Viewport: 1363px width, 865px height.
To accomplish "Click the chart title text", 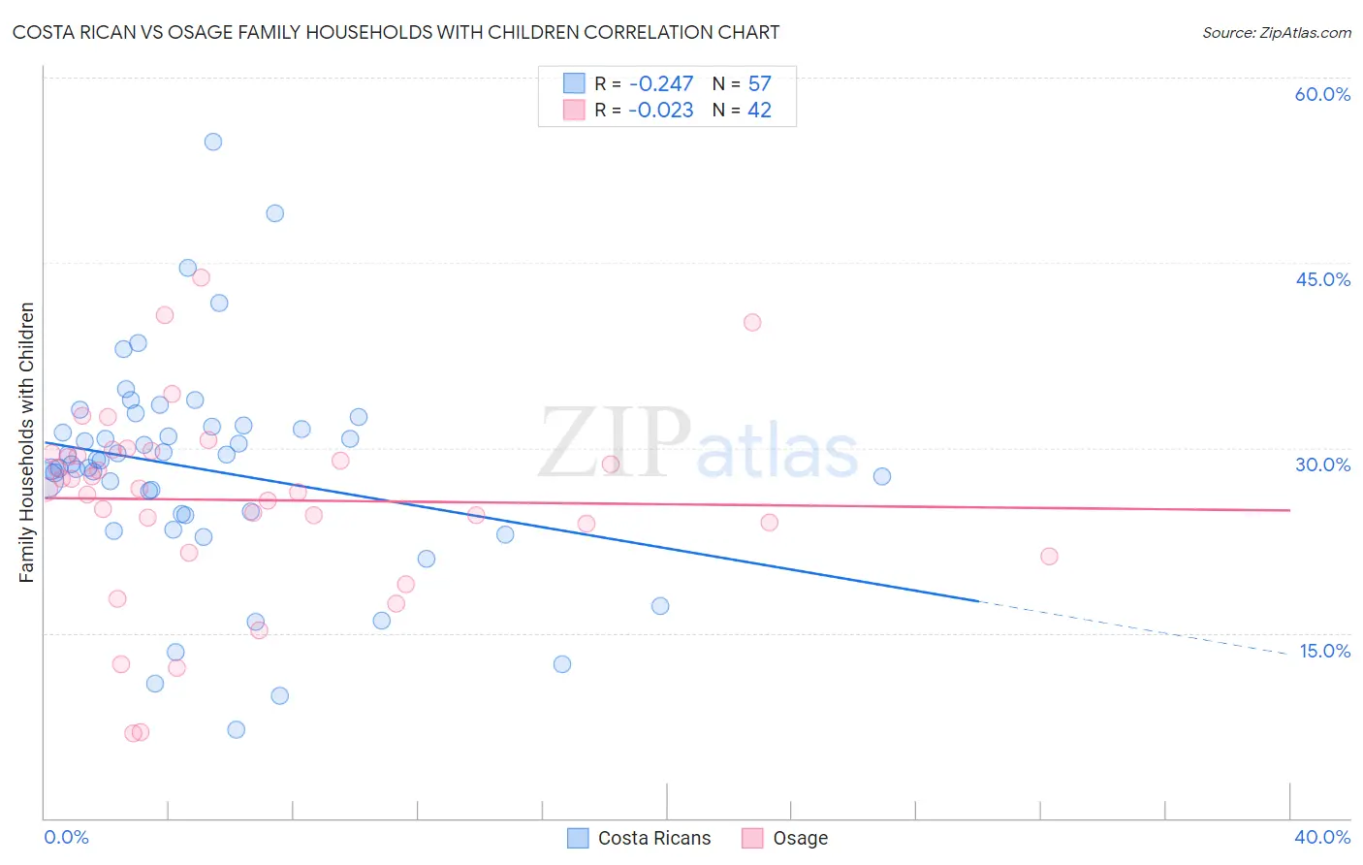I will click(396, 33).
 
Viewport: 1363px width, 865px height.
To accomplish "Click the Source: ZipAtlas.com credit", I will click(1276, 33).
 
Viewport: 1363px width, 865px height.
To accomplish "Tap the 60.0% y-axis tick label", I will click(1322, 94).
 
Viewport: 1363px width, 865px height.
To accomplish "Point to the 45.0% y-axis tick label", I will click(1322, 279).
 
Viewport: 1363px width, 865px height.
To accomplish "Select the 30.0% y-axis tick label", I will click(1322, 465).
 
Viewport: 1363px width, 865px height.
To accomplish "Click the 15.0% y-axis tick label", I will click(1324, 651).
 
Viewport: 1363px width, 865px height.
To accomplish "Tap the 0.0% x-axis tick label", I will click(66, 838).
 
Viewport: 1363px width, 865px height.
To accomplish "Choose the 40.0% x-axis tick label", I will click(1322, 838).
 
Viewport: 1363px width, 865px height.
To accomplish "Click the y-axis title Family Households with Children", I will click(27, 442).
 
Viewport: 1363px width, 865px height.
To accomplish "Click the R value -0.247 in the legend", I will click(660, 84).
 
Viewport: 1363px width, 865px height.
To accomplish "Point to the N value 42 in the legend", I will click(759, 111).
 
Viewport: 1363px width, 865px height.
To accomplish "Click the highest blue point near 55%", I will click(213, 142).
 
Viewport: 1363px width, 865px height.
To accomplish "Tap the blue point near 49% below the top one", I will click(275, 213).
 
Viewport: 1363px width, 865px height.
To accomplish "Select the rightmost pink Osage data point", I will click(1049, 557).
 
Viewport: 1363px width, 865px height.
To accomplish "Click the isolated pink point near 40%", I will click(752, 323).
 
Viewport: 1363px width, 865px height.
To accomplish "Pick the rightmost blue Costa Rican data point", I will click(882, 476).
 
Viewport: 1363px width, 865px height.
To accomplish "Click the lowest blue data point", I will click(237, 730).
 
